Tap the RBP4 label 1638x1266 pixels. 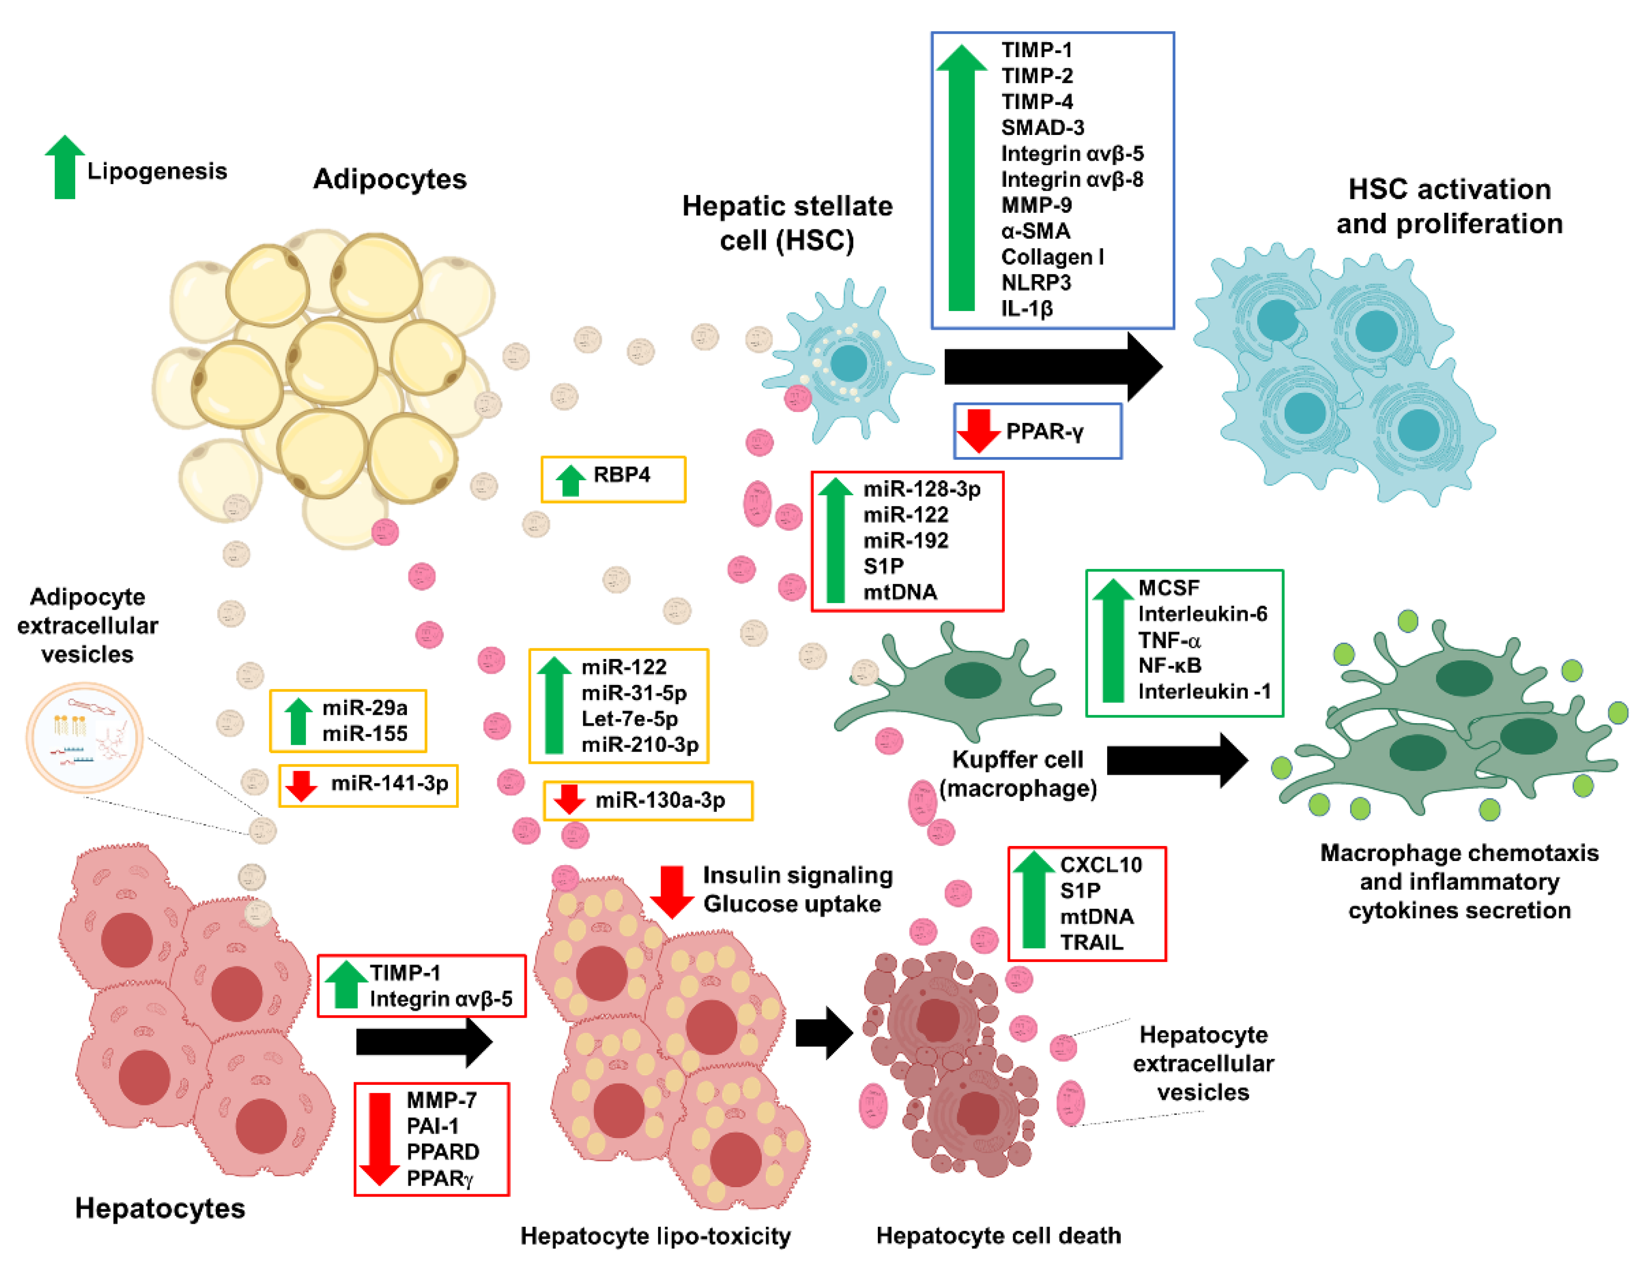[x=621, y=475]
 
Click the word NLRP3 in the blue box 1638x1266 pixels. [x=1036, y=283]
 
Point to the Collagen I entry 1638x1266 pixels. [x=1052, y=256]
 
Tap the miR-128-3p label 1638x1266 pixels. [x=921, y=489]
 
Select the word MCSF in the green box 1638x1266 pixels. [x=1168, y=588]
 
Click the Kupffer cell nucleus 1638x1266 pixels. [x=971, y=680]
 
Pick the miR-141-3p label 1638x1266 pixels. [x=389, y=783]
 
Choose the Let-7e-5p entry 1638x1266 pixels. [x=629, y=719]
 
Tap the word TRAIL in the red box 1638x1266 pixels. [x=1091, y=942]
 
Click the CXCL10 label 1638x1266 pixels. [x=1100, y=865]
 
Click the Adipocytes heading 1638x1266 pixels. [x=389, y=179]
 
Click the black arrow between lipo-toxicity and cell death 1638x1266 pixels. [x=823, y=1033]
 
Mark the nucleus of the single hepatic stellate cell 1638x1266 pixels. [x=848, y=364]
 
